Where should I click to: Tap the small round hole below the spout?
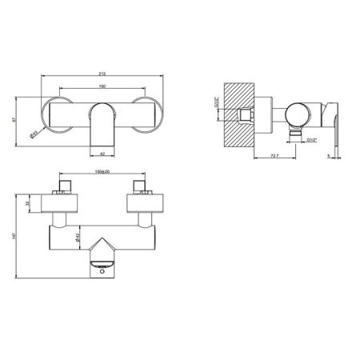pos(102,272)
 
